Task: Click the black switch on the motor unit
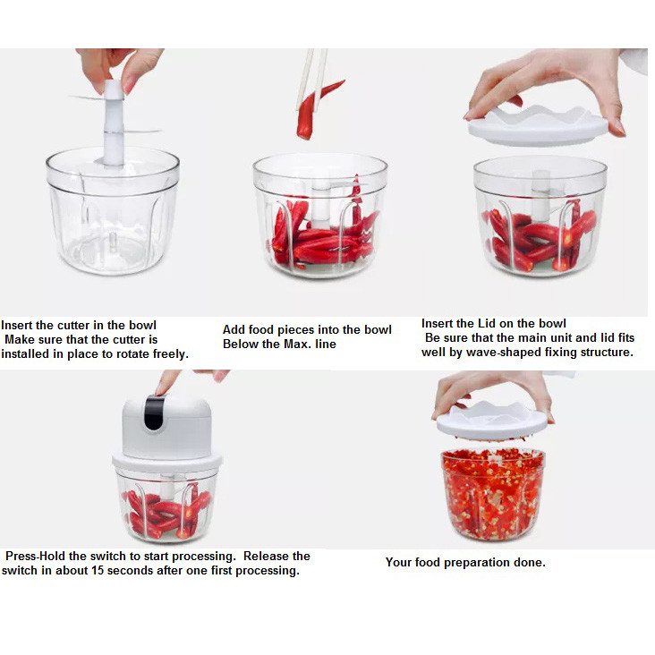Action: (155, 413)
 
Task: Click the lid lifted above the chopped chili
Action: (492, 421)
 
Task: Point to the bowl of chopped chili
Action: (493, 494)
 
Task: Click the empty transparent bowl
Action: (113, 211)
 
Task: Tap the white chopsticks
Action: (312, 79)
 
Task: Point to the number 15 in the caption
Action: (98, 571)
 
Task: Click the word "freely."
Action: (170, 354)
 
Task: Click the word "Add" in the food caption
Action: (233, 330)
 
